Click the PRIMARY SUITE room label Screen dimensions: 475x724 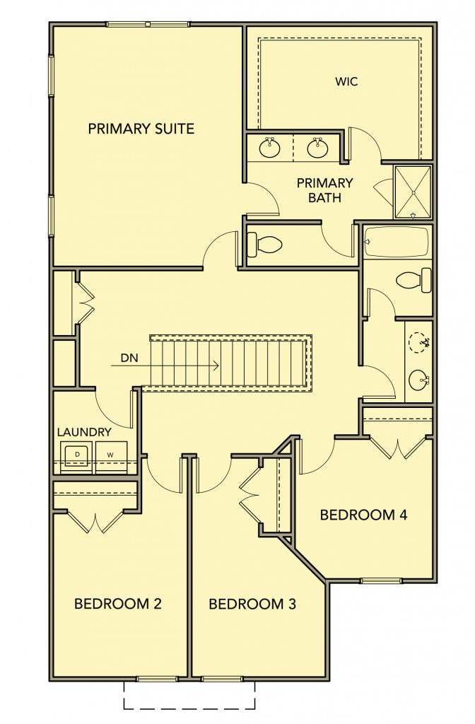coord(141,129)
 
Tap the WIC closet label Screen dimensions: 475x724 coord(346,82)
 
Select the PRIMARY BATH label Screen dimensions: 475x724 coord(324,190)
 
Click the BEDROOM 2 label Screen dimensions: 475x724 coord(118,604)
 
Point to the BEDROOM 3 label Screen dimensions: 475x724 coord(252,604)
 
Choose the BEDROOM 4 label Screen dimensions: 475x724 coord(363,515)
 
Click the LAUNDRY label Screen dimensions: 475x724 coord(84,432)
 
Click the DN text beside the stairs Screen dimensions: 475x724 coord(129,358)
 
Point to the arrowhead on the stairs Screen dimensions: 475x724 coord(215,366)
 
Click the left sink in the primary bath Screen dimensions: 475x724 coord(269,148)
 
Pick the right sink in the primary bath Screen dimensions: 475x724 coord(317,148)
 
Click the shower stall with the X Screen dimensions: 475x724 coord(413,192)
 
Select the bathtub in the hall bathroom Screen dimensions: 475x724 coord(397,242)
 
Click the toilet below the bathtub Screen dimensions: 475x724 coord(414,280)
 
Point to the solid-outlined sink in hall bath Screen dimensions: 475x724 coord(419,380)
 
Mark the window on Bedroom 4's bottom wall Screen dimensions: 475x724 coord(381,580)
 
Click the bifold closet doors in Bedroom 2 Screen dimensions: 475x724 coord(95,521)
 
